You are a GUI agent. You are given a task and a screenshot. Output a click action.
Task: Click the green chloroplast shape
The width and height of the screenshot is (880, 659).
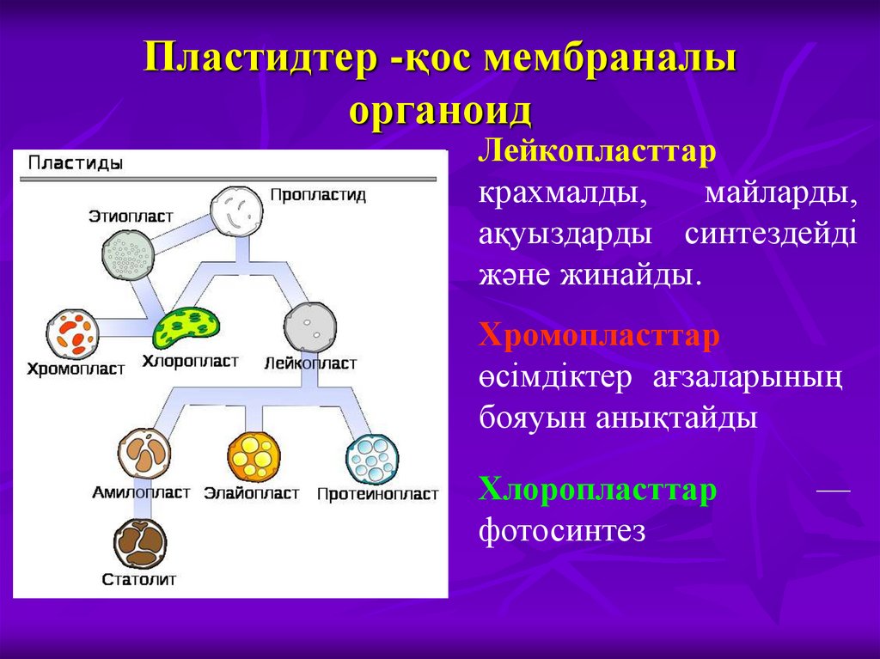pos(186,326)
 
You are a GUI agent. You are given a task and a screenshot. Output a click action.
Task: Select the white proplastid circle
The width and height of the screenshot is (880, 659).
pos(235,211)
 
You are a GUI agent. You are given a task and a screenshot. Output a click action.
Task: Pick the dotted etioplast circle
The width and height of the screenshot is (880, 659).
pos(128,252)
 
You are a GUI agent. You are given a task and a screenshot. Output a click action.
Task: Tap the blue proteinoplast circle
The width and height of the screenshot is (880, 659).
pos(372,460)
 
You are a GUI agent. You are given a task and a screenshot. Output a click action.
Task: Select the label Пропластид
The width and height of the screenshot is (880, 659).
pos(318,195)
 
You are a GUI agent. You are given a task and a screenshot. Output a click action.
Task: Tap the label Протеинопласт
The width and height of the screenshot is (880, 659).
pos(377,494)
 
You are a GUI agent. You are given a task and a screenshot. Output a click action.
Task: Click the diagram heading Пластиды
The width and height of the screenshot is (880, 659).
pos(75,162)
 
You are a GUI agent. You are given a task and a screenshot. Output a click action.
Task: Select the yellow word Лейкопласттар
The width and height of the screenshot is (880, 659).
pos(598,150)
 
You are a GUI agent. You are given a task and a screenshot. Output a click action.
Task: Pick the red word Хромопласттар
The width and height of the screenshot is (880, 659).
pos(599,336)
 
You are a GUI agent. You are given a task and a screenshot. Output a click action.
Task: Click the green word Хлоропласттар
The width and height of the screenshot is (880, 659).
pos(598,490)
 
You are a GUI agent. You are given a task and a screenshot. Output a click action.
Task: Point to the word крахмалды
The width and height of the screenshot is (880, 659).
pos(563,193)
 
